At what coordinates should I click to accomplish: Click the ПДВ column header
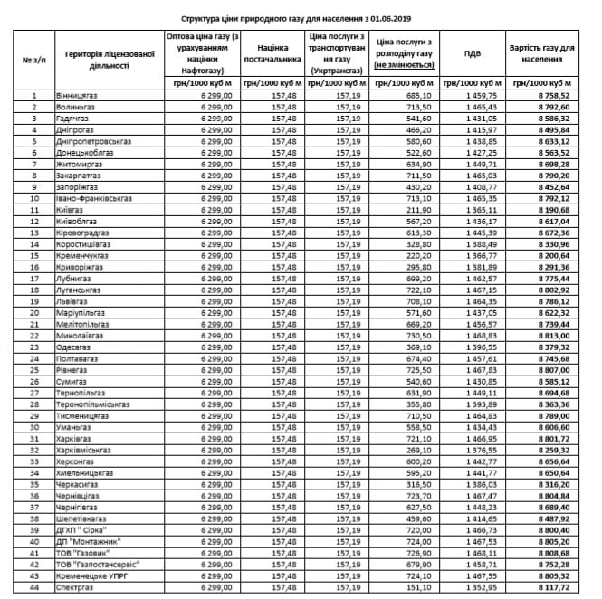coord(472,53)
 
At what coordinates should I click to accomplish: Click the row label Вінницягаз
coord(75,94)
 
